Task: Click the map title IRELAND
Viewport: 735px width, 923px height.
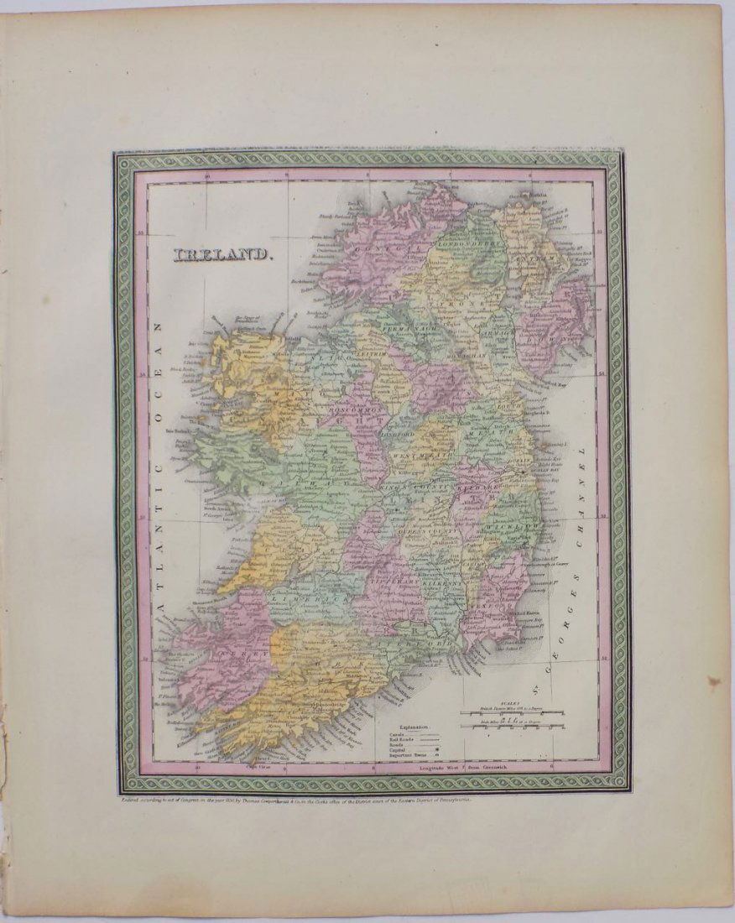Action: [223, 254]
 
